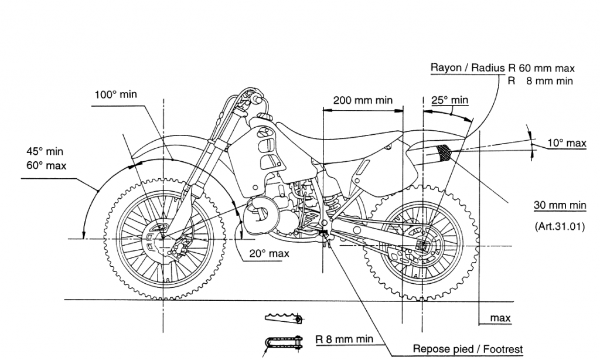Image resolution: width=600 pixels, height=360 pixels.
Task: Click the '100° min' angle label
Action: click(115, 94)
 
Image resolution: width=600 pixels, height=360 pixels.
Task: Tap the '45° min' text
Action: click(45, 151)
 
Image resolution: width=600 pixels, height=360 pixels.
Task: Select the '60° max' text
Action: click(46, 166)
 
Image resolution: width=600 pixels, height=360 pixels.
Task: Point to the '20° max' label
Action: click(270, 253)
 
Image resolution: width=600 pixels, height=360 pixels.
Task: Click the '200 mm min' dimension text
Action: click(363, 100)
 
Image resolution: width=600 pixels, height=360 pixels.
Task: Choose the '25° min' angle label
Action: click(449, 100)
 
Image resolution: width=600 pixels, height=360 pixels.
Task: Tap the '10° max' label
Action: click(567, 143)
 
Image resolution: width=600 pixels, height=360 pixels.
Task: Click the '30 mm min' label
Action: click(560, 205)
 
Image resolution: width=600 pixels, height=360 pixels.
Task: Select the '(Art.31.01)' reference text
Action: click(560, 226)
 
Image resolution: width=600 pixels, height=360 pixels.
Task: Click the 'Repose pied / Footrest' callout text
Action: click(468, 349)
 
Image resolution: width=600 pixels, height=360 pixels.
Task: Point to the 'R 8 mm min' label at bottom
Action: click(344, 339)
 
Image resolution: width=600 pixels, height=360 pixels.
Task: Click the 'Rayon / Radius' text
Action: click(468, 68)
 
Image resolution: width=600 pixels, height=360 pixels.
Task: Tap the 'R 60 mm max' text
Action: click(541, 69)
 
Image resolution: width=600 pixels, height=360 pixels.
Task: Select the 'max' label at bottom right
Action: click(500, 318)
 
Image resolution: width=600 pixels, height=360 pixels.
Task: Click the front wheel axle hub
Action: click(163, 238)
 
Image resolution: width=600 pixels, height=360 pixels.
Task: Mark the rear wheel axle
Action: click(422, 246)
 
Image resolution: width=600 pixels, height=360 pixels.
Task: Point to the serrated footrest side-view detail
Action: click(284, 317)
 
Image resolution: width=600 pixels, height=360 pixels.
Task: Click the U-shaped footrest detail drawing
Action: click(284, 342)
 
